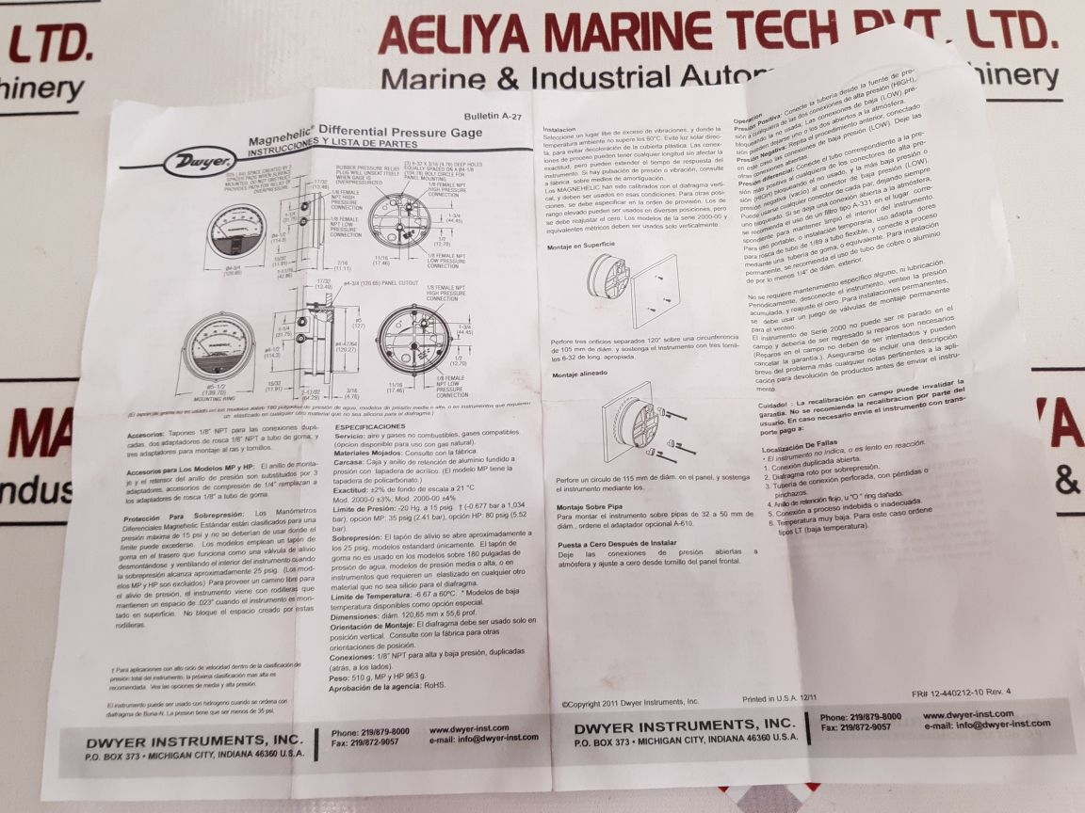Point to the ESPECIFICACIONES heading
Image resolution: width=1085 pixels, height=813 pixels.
[369, 426]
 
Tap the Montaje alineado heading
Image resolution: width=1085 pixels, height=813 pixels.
[579, 373]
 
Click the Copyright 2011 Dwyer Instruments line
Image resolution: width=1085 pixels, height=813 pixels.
[631, 702]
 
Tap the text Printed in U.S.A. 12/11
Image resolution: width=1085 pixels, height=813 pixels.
[780, 700]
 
